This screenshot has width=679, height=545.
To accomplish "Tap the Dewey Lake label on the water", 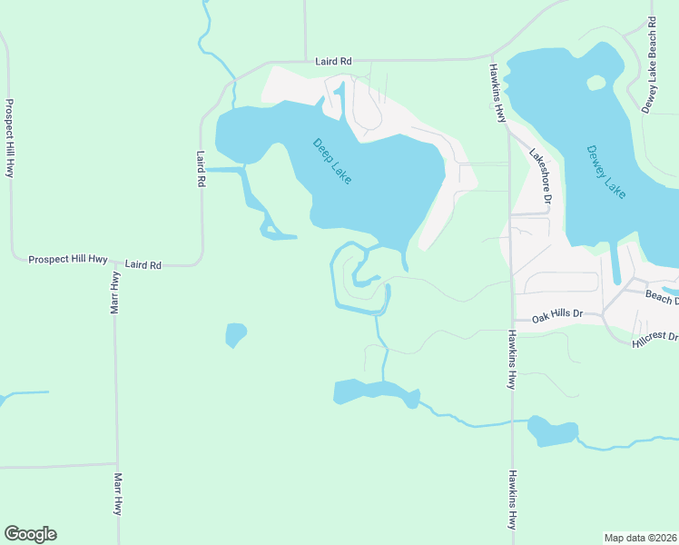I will (606, 172).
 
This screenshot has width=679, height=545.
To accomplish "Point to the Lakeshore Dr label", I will (542, 175).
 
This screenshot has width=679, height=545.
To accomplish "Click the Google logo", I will (30, 534).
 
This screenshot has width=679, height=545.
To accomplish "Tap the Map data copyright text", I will (641, 537).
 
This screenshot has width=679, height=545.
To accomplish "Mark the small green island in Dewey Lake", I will (595, 83).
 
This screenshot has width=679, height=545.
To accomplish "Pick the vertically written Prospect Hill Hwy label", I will (10, 137).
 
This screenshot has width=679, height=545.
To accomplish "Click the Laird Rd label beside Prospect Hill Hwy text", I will (143, 264).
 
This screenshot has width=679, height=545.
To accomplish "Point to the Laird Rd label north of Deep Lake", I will (333, 62).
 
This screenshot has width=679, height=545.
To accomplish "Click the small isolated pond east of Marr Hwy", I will (235, 334).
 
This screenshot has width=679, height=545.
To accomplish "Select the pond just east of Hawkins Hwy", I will (552, 431).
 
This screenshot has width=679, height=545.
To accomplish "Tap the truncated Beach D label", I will (663, 297).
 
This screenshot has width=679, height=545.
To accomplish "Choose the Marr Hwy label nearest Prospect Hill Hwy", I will (115, 293).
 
